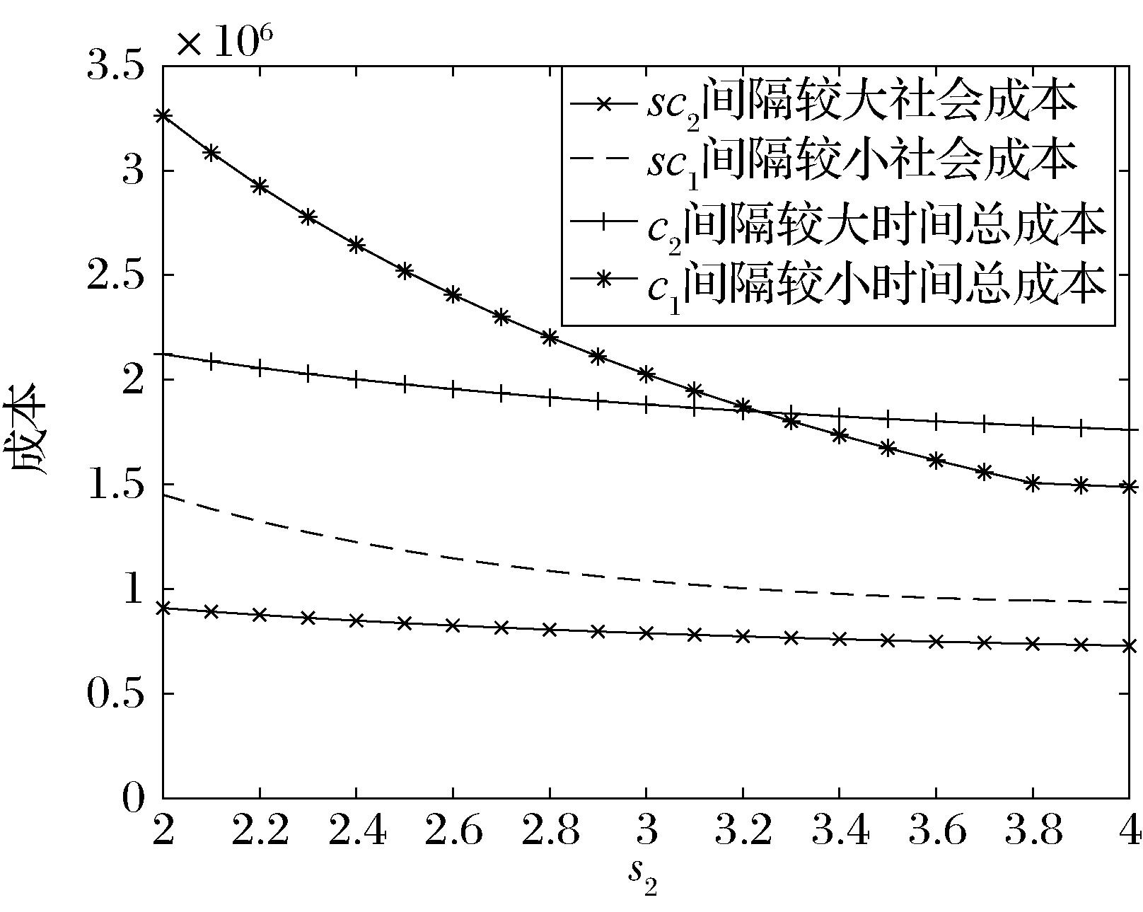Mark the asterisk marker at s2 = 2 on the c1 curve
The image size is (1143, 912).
pyautogui.click(x=163, y=115)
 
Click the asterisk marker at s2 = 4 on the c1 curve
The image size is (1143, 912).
pyautogui.click(x=1129, y=487)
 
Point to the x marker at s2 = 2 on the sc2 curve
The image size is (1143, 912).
pyautogui.click(x=163, y=608)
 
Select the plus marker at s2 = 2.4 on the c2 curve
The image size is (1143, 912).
pyautogui.click(x=356, y=379)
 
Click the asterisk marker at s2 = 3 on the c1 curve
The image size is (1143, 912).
pyautogui.click(x=646, y=374)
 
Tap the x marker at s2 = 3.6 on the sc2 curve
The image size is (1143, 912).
pyautogui.click(x=936, y=641)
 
